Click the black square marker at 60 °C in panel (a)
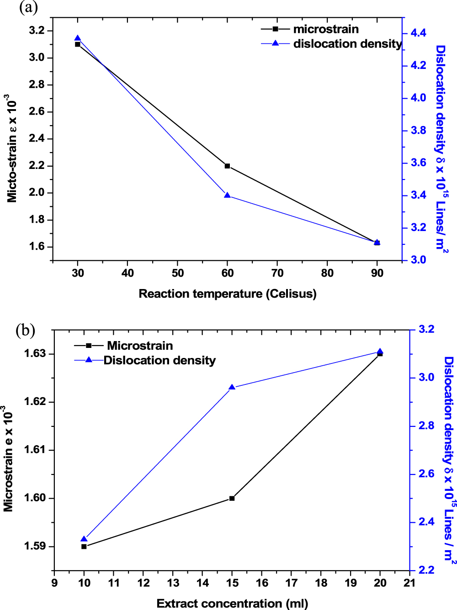[x=228, y=166]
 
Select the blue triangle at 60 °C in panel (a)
[x=228, y=195]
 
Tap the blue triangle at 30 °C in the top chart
[x=78, y=39]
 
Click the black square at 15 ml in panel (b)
[x=232, y=498]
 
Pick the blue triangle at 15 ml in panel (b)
[x=232, y=387]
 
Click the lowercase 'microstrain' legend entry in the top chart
[x=325, y=29]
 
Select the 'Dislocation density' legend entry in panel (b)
[x=159, y=360]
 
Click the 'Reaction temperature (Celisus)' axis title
[x=228, y=294]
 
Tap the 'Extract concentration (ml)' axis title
[x=232, y=604]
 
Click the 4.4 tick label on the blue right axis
[x=418, y=33]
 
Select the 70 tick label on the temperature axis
[x=277, y=273]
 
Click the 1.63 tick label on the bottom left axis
[x=35, y=353]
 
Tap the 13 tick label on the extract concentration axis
[x=173, y=583]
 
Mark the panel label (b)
[x=25, y=330]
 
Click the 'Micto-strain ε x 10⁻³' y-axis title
[x=12, y=148]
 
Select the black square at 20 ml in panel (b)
[x=380, y=354]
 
